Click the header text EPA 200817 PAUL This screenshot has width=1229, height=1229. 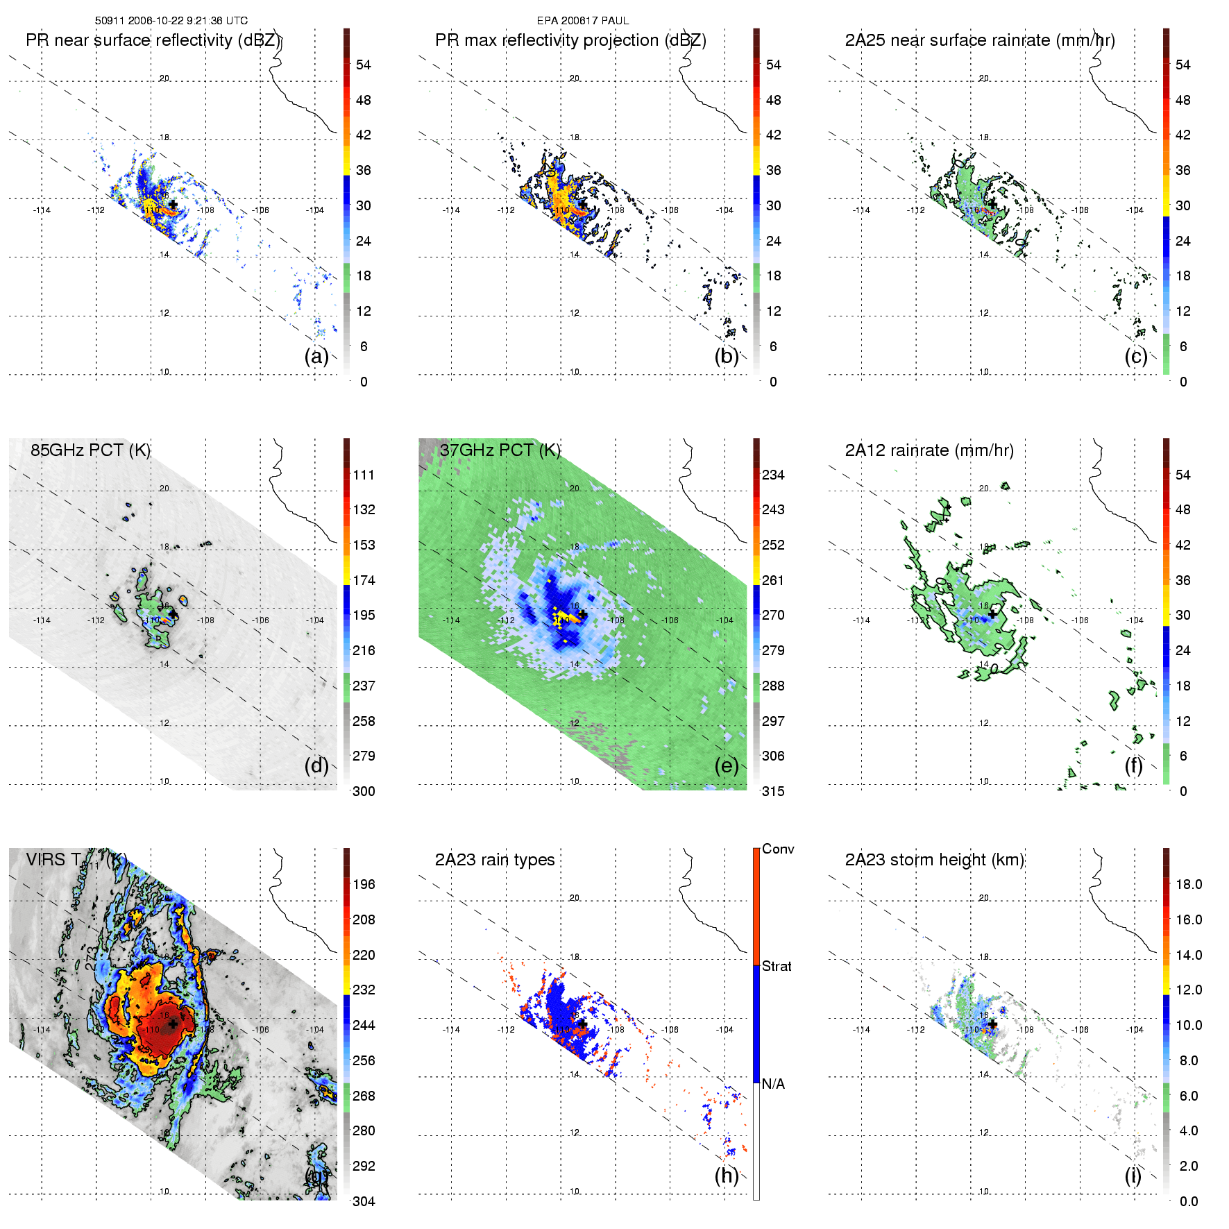(582, 21)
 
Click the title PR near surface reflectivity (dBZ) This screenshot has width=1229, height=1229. (153, 40)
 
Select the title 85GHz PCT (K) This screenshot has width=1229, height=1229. (90, 450)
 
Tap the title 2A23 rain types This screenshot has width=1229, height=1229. (494, 860)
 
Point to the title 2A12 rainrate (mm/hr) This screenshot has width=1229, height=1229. (929, 450)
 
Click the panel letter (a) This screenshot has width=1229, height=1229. (316, 357)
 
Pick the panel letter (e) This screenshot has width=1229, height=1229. (727, 766)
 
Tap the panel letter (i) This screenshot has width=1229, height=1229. (1133, 1176)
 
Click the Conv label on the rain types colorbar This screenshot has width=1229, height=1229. (778, 849)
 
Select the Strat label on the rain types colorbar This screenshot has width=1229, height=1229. (777, 966)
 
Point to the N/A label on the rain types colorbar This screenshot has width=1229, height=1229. (773, 1084)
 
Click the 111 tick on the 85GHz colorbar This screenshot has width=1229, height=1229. (364, 475)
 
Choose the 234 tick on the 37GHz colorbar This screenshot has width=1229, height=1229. (773, 475)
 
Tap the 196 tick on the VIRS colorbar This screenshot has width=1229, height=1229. (364, 884)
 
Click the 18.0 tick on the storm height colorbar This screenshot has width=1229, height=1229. (1188, 884)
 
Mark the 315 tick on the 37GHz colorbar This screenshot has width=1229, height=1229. (773, 791)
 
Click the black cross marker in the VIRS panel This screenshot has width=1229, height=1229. (172, 1024)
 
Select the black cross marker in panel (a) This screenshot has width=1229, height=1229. (172, 204)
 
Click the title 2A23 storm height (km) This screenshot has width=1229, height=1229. (934, 860)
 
